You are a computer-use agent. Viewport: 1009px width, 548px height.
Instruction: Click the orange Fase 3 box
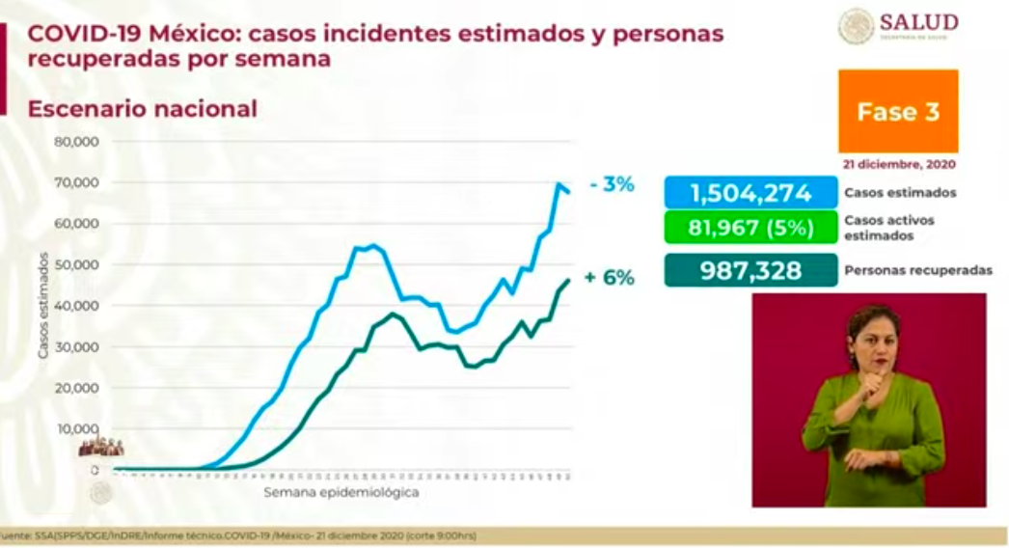pos(898,111)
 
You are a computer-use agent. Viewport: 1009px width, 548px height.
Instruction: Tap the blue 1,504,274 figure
pos(750,192)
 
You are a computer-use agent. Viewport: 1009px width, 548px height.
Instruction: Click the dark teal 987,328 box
pos(750,271)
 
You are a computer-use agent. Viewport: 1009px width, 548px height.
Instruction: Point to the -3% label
pos(613,184)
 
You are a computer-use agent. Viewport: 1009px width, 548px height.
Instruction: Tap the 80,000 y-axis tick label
pos(80,142)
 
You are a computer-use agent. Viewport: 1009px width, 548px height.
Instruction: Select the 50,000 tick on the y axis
pos(80,264)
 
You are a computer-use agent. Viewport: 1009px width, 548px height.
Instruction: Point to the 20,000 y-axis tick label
pos(80,388)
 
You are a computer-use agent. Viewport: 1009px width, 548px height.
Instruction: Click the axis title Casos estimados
pos(44,306)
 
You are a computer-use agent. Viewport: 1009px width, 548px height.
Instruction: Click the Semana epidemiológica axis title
pos(341,492)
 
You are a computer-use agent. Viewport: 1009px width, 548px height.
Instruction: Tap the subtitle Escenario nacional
pos(143,109)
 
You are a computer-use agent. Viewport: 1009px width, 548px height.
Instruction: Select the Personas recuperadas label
pos(917,271)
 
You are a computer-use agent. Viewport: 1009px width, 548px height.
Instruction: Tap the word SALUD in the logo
pos(917,21)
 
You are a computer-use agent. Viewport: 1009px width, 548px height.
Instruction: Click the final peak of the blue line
pos(559,184)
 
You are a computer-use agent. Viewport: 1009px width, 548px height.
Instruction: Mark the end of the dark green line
pos(569,280)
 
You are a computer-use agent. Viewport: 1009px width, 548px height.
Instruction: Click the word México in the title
pos(200,34)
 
